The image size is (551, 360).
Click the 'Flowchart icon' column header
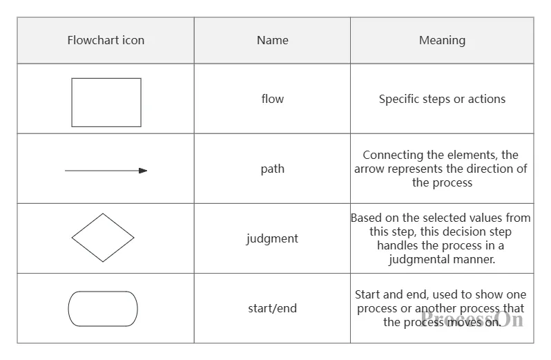[x=106, y=41]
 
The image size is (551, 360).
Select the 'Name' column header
[x=272, y=41]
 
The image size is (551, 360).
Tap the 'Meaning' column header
[x=442, y=41]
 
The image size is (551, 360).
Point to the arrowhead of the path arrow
[x=143, y=171]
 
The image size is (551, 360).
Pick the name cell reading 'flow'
[x=272, y=99]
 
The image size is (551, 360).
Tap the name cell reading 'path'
[x=272, y=169]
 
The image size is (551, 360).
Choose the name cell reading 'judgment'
[x=272, y=238]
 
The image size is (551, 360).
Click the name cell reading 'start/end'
[x=272, y=308]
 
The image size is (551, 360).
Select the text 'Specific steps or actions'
[x=442, y=99]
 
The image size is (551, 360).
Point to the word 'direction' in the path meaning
[x=490, y=169]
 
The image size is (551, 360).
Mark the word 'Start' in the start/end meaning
[x=367, y=294]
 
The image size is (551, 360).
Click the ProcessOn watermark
[x=472, y=319]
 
